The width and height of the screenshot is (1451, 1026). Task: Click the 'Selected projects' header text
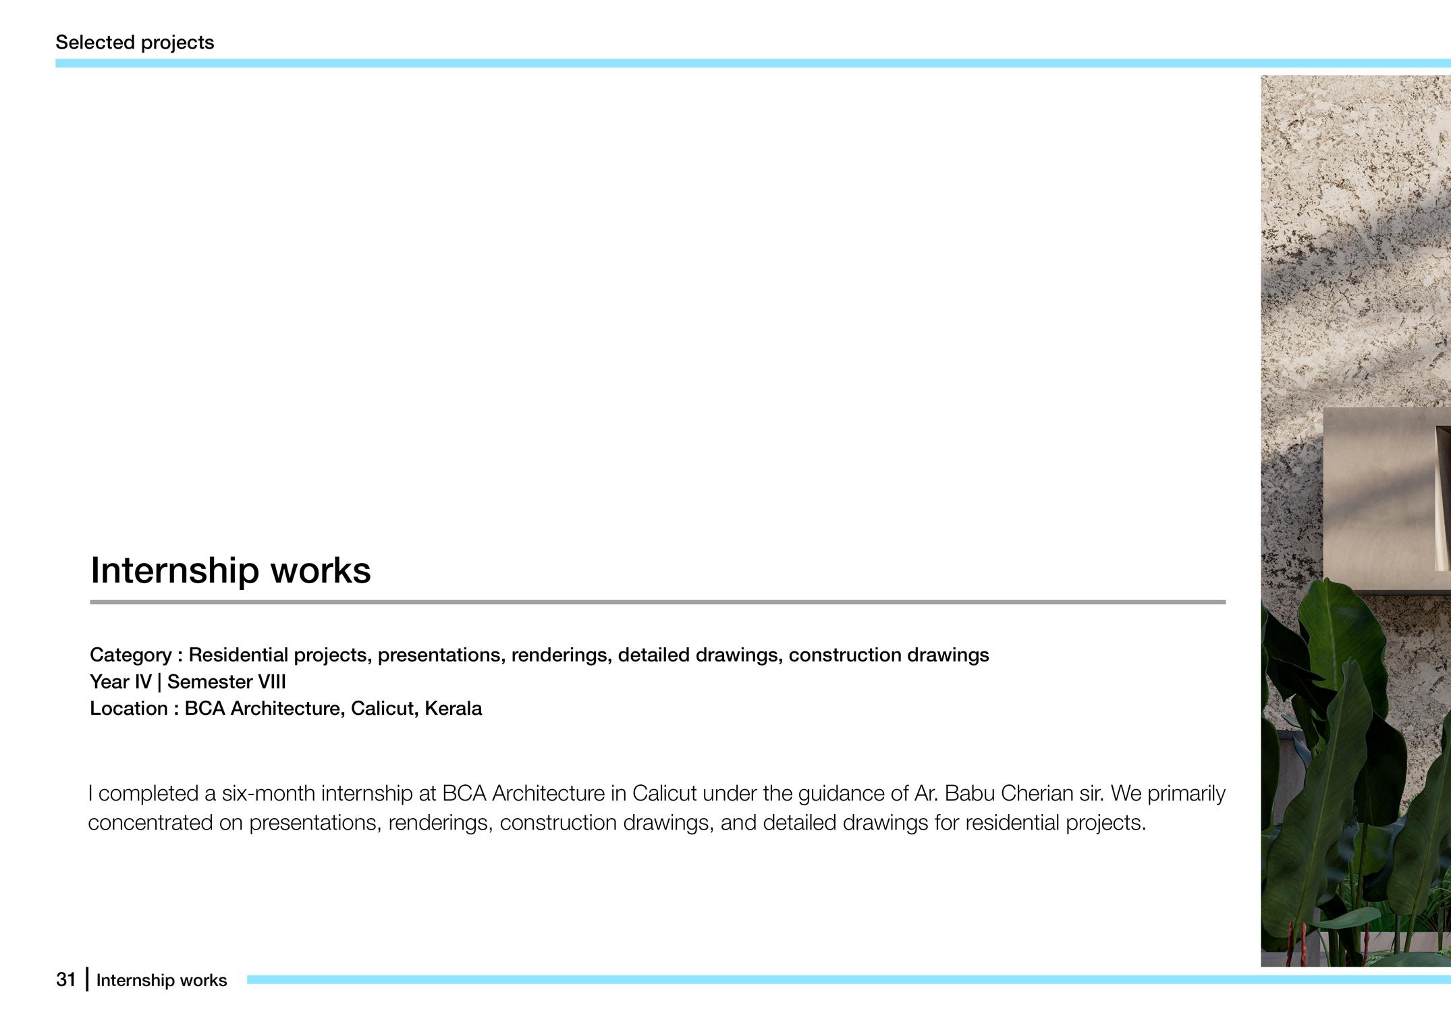point(134,43)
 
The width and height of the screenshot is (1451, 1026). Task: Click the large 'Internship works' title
point(230,570)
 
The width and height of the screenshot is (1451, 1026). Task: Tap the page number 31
point(65,979)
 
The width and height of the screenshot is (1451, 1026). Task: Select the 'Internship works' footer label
point(161,980)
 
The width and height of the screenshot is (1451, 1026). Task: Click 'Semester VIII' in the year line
point(226,682)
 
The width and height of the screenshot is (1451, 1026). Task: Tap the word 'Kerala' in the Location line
point(453,709)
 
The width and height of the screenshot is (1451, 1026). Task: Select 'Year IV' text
point(120,682)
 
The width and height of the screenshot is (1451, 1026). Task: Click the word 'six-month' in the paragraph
point(268,793)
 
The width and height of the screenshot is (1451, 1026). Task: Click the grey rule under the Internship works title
point(657,601)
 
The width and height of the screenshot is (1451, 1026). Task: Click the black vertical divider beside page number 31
point(87,979)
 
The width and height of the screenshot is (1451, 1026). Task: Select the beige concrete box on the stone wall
point(1377,500)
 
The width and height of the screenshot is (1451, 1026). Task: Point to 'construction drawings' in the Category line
point(888,655)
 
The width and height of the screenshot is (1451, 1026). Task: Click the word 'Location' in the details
point(129,709)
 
